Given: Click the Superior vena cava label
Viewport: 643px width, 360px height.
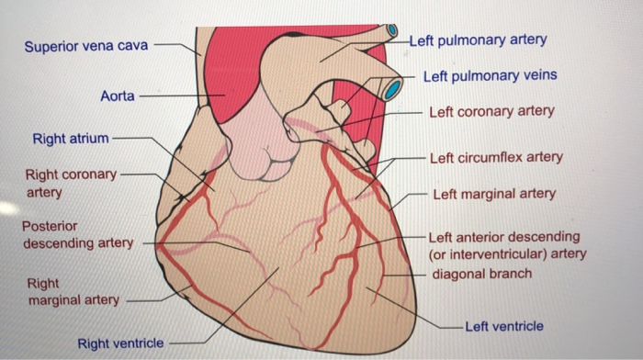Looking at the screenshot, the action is click(87, 46).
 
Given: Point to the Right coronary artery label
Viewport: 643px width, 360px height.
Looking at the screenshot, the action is click(71, 183).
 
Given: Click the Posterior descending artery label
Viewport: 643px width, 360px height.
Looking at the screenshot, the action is click(77, 234).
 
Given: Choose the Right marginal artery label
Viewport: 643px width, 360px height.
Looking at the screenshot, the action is click(73, 293).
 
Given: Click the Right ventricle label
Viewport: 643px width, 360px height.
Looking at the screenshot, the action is click(120, 343).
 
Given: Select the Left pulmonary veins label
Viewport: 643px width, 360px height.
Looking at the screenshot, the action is click(490, 75).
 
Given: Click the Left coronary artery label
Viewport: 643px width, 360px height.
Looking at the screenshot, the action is click(492, 111).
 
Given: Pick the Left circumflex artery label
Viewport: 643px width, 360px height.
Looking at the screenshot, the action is click(496, 157).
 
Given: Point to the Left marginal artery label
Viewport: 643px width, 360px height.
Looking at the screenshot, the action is click(494, 194).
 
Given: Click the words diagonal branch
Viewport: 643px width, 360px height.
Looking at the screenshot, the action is click(481, 274).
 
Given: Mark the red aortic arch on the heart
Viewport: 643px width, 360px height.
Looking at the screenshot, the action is click(230, 64).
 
